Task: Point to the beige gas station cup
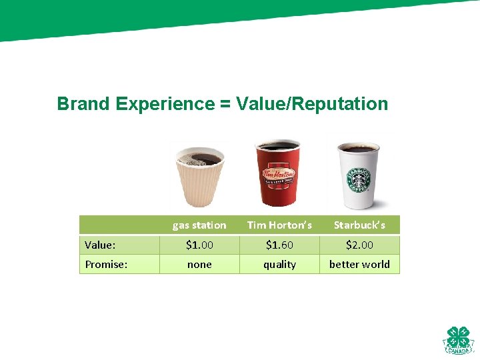click(x=198, y=177)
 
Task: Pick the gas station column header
click(x=199, y=225)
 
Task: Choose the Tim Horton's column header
click(x=279, y=225)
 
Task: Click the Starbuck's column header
click(x=359, y=225)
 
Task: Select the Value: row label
click(x=100, y=245)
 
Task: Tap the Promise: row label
click(x=106, y=265)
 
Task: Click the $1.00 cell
click(x=199, y=245)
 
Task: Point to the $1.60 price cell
click(x=279, y=245)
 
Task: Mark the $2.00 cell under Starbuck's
click(x=359, y=245)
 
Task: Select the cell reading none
click(x=199, y=265)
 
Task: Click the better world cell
click(x=359, y=265)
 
